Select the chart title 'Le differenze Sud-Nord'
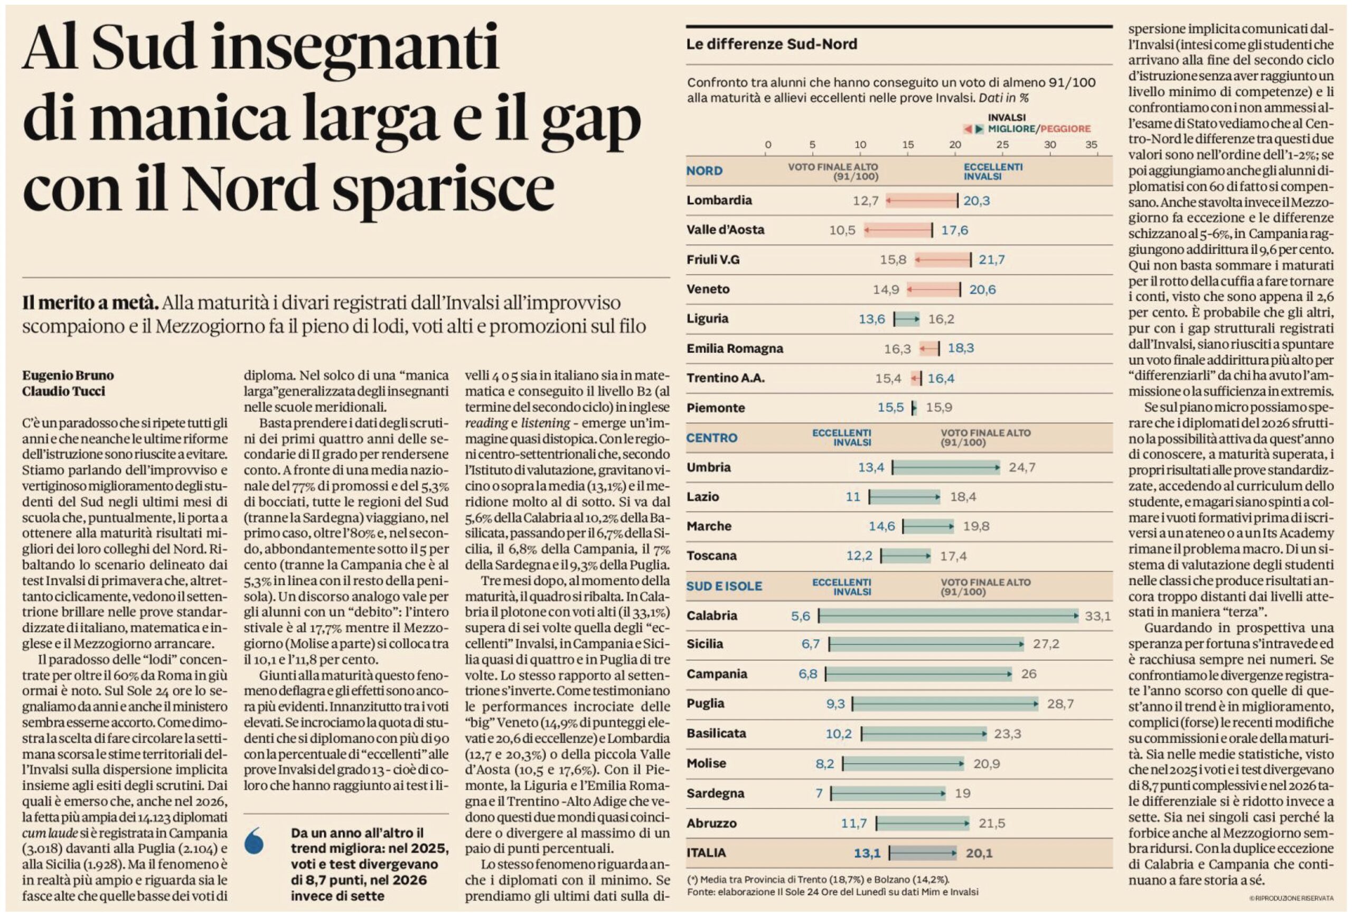772,44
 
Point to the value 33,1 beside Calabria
1097,616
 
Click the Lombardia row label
719,200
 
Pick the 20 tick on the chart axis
955,145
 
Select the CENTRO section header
711,438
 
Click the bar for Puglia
945,704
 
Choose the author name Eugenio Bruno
68,375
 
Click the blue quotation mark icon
255,841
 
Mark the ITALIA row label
706,853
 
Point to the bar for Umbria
946,467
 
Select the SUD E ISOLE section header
724,586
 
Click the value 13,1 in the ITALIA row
867,854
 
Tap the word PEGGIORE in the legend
1065,128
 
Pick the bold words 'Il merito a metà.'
90,303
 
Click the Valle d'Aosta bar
898,230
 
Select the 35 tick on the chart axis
1092,145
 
